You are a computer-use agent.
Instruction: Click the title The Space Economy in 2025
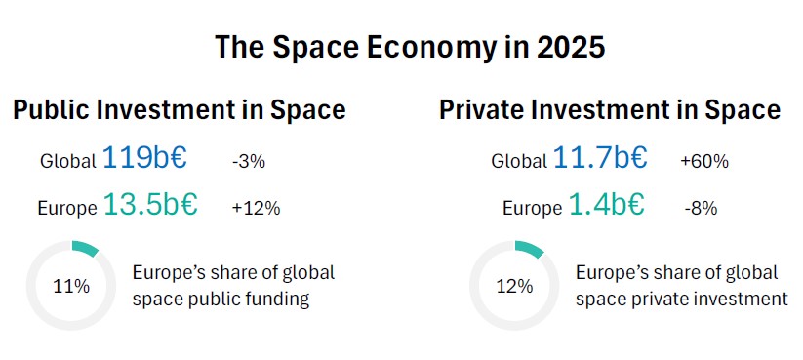tap(410, 47)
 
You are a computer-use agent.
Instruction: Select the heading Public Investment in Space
tap(180, 110)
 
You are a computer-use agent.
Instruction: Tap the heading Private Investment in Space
tap(610, 110)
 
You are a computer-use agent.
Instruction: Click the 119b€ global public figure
tap(145, 158)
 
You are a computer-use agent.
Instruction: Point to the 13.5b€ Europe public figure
tap(150, 204)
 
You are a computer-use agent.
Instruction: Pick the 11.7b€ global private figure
tap(600, 158)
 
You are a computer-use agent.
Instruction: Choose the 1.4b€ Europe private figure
tap(606, 204)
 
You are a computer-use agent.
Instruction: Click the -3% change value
tap(249, 162)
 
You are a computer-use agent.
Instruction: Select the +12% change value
tap(256, 209)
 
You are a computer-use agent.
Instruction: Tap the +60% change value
tap(704, 162)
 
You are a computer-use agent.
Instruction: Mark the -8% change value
tap(701, 209)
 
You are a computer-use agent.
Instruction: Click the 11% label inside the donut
tap(71, 286)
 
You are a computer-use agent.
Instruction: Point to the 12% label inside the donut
tap(514, 286)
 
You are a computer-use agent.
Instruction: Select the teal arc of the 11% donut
tap(86, 248)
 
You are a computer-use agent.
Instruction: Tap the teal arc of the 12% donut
tap(530, 249)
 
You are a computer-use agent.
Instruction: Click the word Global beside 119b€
tap(68, 161)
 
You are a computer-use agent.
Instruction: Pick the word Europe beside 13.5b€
tap(67, 209)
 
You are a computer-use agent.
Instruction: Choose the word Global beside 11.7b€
tap(519, 161)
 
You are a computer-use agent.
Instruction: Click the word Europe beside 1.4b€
tap(532, 209)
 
